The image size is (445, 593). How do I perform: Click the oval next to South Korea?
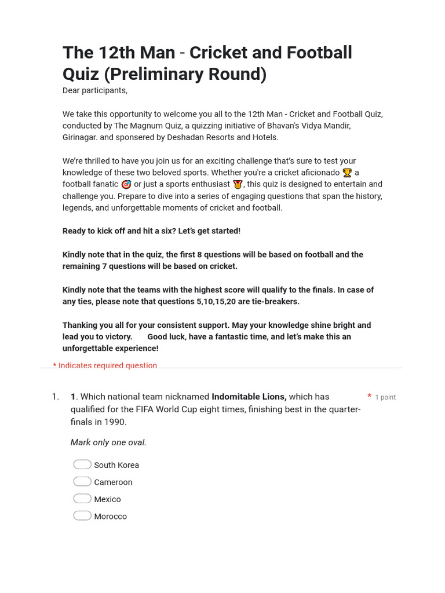click(82, 464)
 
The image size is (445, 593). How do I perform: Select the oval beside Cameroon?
click(82, 482)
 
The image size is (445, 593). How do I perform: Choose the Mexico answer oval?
click(82, 499)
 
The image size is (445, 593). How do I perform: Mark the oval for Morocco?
click(82, 516)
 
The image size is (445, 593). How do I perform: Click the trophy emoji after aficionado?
click(347, 173)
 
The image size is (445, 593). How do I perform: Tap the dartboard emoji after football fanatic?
click(126, 184)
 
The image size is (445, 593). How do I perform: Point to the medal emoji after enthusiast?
click(238, 184)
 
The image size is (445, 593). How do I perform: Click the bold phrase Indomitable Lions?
click(249, 397)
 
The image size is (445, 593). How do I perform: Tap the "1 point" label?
click(385, 397)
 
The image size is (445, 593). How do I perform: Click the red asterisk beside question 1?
click(369, 397)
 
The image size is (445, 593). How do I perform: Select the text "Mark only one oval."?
click(108, 442)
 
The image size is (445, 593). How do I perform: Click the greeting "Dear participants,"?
click(95, 90)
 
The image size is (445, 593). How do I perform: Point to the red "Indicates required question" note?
click(107, 365)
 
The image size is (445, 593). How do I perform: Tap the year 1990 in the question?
click(115, 422)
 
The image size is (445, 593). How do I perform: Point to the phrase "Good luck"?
click(166, 336)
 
